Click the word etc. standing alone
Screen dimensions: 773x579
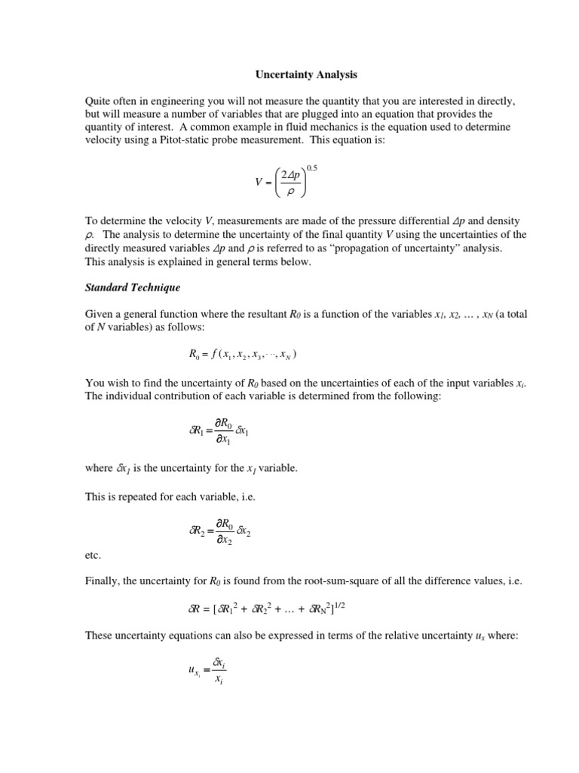point(93,555)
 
